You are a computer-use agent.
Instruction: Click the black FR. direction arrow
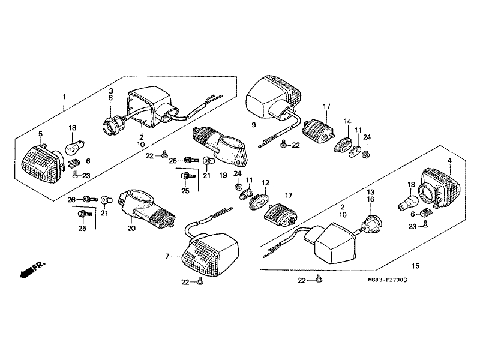coord(26,272)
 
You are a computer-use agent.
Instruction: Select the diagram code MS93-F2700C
coord(388,280)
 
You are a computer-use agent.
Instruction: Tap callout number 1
coord(64,97)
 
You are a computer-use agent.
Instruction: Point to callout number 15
coord(415,266)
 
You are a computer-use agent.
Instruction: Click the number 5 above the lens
coord(40,134)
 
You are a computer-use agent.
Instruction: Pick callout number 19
coord(223,175)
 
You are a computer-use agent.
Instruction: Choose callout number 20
coord(131,228)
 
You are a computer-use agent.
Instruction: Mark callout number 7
coord(167,256)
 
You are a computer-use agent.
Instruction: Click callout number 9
coord(253,125)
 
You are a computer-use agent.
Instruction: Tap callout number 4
coord(449,160)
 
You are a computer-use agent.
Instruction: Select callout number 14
coord(347,121)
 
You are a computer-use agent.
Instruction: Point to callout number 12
coord(265,183)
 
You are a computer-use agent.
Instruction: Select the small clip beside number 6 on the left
coord(73,163)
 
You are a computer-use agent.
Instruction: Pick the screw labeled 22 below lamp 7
coord(200,280)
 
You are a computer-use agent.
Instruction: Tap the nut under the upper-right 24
coord(366,155)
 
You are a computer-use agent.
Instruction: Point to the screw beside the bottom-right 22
coord(319,278)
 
